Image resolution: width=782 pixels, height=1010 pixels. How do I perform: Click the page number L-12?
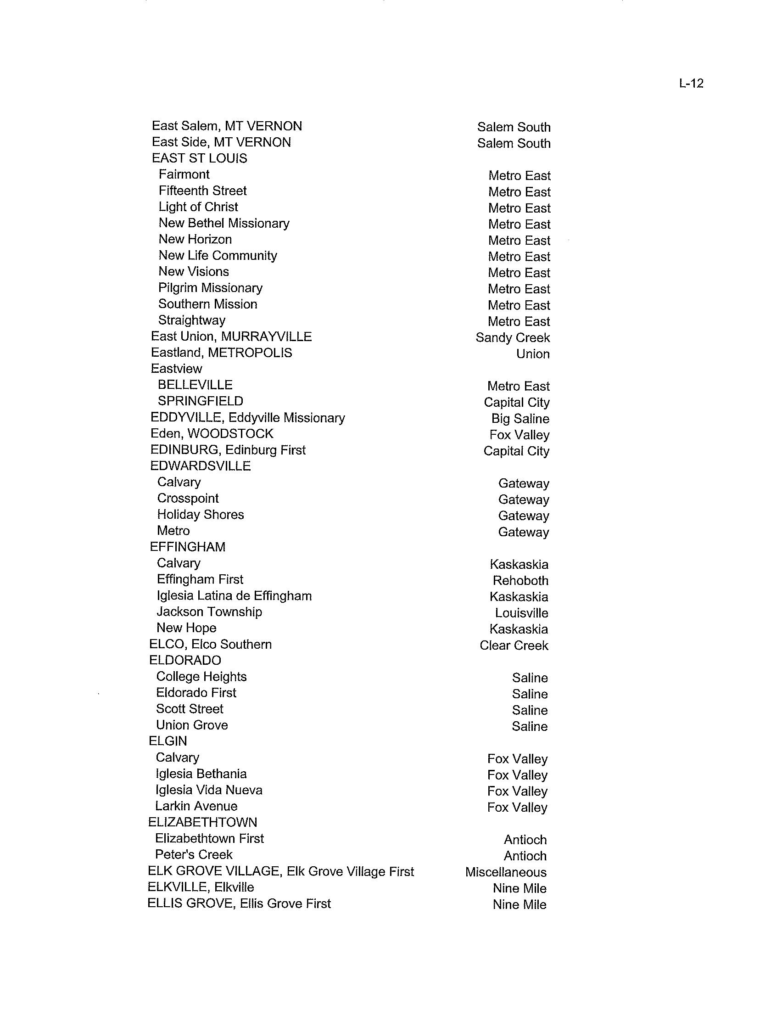(691, 83)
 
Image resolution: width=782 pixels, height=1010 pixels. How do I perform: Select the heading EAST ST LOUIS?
(199, 159)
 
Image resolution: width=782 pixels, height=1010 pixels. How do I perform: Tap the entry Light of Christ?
(198, 207)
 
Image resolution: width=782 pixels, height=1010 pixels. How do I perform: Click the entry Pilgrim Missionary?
(210, 288)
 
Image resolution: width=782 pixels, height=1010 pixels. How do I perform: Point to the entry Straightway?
(192, 320)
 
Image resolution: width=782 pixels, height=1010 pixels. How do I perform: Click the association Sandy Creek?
(513, 338)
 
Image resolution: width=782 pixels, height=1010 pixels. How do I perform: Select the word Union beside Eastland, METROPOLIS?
(533, 354)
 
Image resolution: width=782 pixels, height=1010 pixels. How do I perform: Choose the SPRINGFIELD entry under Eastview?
(200, 401)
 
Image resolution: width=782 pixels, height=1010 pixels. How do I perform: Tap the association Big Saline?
(520, 419)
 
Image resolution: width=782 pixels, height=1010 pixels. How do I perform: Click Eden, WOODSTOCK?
(212, 434)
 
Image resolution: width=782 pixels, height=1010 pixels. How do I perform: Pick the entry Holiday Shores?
(200, 515)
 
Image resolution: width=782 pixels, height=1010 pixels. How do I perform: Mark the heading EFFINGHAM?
(188, 547)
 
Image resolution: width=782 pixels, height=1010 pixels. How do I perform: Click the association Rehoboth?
(520, 581)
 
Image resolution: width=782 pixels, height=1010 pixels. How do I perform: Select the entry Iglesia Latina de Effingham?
(234, 596)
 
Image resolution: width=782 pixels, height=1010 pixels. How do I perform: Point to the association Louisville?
(521, 613)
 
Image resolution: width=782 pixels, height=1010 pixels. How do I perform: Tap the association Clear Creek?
(514, 645)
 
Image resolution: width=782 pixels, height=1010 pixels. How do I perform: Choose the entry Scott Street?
(190, 709)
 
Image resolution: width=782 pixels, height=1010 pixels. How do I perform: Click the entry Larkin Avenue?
(196, 806)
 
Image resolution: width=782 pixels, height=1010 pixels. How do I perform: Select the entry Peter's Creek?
(194, 855)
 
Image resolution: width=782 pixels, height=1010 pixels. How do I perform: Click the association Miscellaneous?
(506, 872)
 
